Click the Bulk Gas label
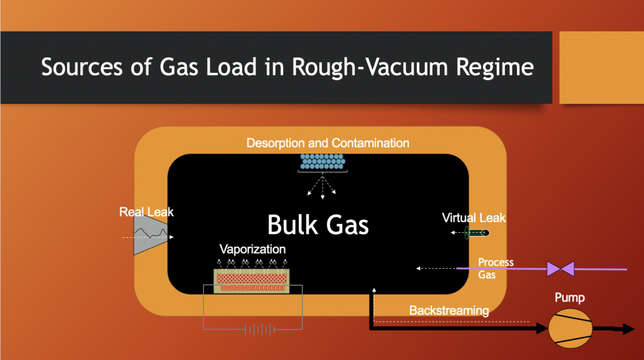pos(318,225)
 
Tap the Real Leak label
pos(147,212)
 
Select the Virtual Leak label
pos(474,218)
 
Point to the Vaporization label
pos(252,249)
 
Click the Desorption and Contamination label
pos(328,143)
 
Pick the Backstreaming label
pos(448,310)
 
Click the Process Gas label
pos(496,267)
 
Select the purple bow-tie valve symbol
pos(560,269)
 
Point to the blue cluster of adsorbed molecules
pos(323,162)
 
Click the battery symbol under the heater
pos(253,329)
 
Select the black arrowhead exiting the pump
pos(626,329)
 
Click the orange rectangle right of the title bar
pos(601,67)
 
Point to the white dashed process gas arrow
pos(436,269)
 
